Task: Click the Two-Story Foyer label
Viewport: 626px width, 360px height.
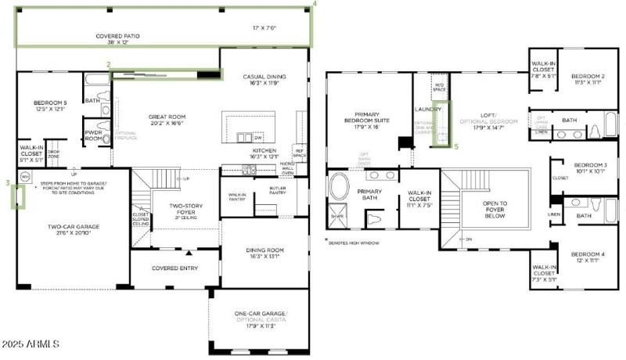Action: (x=187, y=210)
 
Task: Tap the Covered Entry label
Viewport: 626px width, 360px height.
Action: (x=175, y=268)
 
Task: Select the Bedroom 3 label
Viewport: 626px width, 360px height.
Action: (x=590, y=168)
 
